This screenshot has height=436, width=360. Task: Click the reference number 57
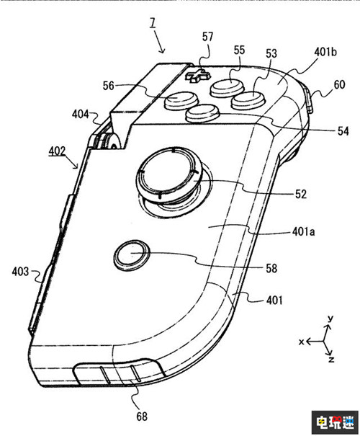[207, 37]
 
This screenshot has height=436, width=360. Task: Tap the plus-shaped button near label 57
[197, 76]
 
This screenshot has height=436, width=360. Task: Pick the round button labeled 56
[181, 100]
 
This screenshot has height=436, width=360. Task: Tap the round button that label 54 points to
[203, 113]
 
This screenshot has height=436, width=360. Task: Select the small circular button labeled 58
[132, 254]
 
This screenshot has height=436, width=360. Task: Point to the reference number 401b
[325, 52]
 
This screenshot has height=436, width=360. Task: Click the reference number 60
[339, 84]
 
